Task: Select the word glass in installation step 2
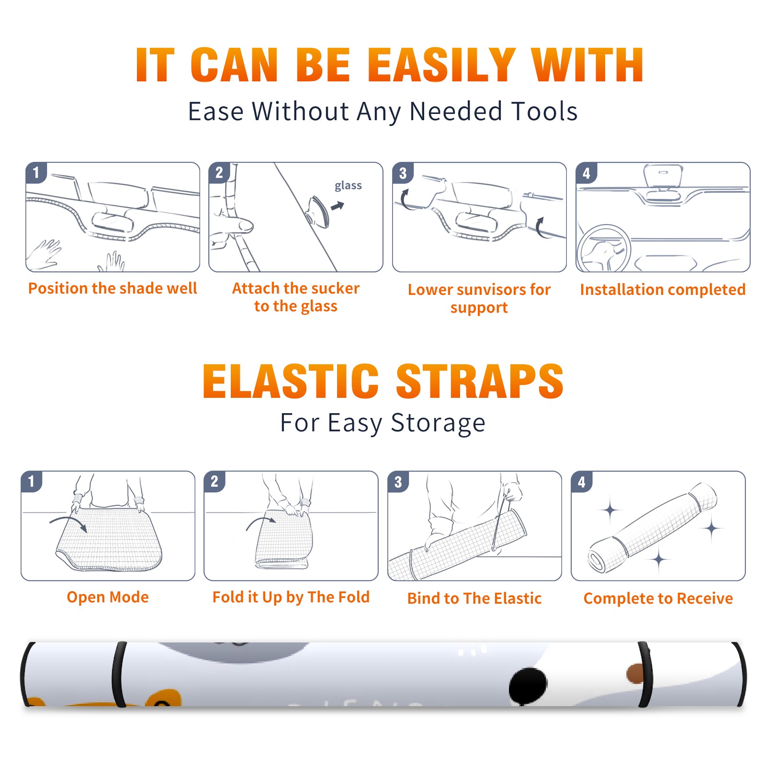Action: (348, 186)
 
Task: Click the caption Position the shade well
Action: (113, 288)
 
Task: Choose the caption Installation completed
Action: (663, 289)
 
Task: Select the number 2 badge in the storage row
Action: (214, 481)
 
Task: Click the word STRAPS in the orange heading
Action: (480, 381)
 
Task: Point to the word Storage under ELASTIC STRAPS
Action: (438, 423)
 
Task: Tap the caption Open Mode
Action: (108, 597)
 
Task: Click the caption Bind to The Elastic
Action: (474, 598)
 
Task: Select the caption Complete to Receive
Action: (658, 598)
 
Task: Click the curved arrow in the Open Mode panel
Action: (68, 520)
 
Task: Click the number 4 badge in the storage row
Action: (582, 482)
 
